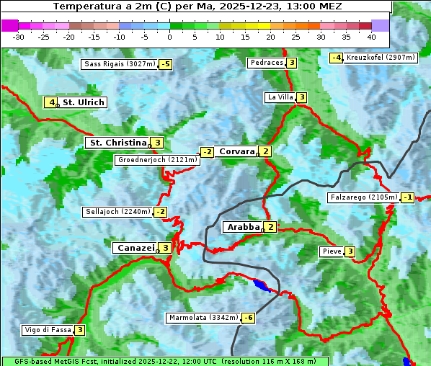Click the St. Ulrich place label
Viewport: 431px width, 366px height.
click(x=84, y=102)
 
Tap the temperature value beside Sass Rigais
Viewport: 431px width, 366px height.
click(x=165, y=64)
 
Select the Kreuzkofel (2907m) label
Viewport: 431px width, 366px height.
click(x=381, y=58)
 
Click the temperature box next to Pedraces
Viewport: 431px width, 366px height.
click(x=291, y=63)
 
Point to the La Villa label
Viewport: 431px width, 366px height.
click(x=280, y=97)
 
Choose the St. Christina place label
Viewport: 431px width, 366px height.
click(x=116, y=143)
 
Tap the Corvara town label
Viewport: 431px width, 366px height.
click(x=236, y=151)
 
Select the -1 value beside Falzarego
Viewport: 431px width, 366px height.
click(x=407, y=197)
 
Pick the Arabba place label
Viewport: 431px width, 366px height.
click(x=243, y=227)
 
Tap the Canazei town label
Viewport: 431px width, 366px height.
click(x=135, y=248)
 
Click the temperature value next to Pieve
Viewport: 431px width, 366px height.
click(x=350, y=251)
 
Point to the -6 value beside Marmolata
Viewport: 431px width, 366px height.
click(x=249, y=318)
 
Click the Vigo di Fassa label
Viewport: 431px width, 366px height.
click(x=48, y=330)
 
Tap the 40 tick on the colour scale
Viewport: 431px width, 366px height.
click(x=371, y=37)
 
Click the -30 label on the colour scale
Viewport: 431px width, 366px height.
click(x=19, y=37)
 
